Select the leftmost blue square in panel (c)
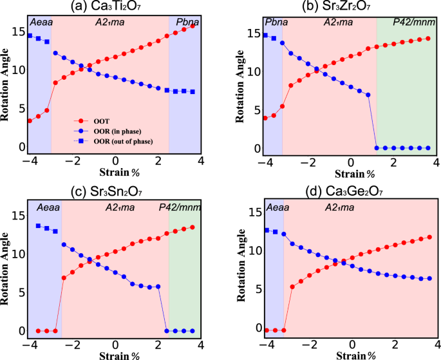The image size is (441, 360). (39, 226)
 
